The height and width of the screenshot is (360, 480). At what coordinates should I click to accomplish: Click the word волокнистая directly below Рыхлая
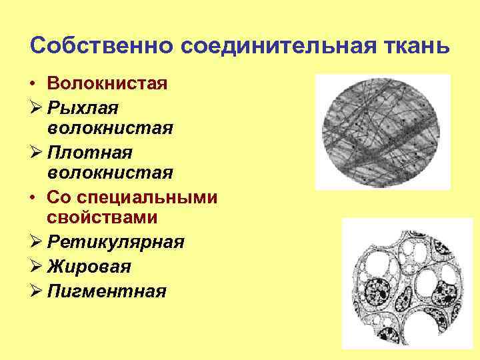[111, 129]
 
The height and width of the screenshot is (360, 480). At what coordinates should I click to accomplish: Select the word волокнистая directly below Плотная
[111, 173]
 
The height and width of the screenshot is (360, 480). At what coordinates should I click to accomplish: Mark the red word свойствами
[102, 218]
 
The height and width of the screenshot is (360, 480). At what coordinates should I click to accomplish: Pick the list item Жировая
[89, 267]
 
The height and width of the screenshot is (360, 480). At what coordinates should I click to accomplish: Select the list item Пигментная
[107, 291]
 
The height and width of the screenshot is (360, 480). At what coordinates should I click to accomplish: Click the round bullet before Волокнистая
[33, 85]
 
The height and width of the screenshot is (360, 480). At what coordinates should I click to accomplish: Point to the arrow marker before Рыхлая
[35, 107]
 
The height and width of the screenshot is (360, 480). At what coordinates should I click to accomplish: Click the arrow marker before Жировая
[35, 267]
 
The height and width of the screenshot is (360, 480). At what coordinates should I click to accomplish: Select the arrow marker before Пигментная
[35, 291]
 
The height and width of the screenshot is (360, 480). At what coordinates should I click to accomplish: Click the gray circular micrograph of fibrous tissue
[383, 131]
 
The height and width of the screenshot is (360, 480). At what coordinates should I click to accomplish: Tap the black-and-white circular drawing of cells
[407, 287]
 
